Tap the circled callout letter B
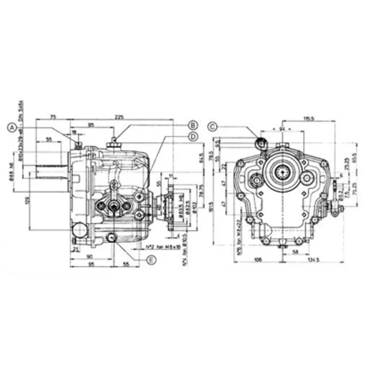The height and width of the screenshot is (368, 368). tap(193, 125)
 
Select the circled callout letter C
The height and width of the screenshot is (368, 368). tap(212, 126)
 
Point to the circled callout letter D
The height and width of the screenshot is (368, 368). tap(193, 136)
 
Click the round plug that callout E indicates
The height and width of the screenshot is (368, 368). tap(111, 237)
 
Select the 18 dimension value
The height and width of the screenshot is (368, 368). tap(75, 132)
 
